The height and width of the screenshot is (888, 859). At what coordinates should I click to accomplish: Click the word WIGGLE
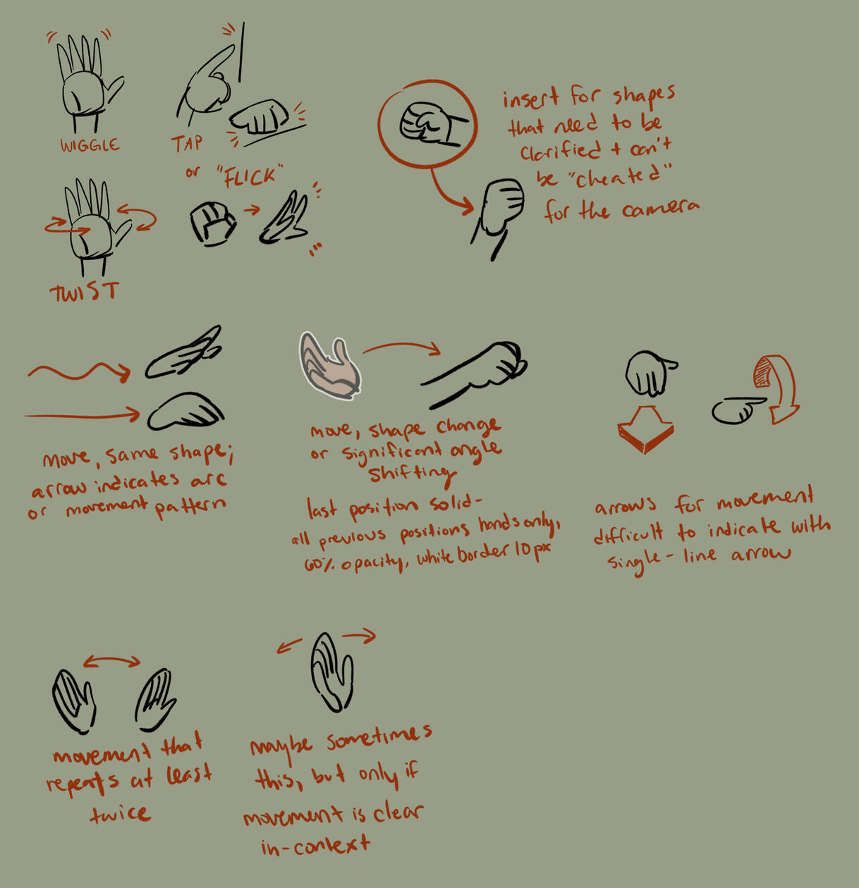tap(90, 145)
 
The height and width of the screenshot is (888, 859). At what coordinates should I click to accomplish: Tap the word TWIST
tap(85, 292)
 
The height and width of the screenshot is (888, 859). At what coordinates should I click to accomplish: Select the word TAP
tap(187, 143)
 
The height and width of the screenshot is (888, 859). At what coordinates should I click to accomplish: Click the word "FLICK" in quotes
tap(250, 176)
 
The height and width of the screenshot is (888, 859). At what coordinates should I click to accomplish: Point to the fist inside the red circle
tap(432, 124)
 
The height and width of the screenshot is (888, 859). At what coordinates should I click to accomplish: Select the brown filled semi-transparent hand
tap(330, 366)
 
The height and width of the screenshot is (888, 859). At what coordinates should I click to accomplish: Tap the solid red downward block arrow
tap(645, 429)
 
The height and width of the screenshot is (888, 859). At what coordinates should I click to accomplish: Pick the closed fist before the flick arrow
tap(212, 223)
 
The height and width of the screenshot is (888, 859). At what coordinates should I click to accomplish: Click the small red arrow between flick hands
tap(251, 210)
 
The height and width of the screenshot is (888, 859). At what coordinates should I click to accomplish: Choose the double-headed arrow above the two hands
tap(112, 661)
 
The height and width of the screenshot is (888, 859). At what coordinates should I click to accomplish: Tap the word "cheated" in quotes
tap(620, 177)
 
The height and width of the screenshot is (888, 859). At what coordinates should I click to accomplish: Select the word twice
tap(120, 813)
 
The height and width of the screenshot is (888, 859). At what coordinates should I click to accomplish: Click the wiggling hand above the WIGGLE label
tap(89, 82)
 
